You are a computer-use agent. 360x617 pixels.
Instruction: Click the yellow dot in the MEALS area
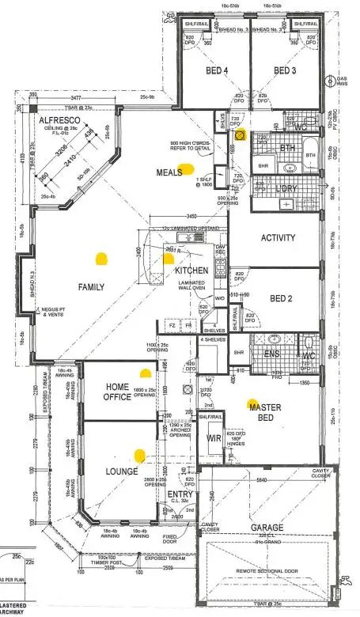[187, 168]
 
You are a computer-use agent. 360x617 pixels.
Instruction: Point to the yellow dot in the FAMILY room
[100, 257]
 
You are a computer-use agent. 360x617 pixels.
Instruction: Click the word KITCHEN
[191, 271]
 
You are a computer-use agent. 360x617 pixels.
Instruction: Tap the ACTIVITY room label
[278, 237]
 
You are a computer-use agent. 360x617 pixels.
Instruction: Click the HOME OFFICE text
[122, 392]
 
